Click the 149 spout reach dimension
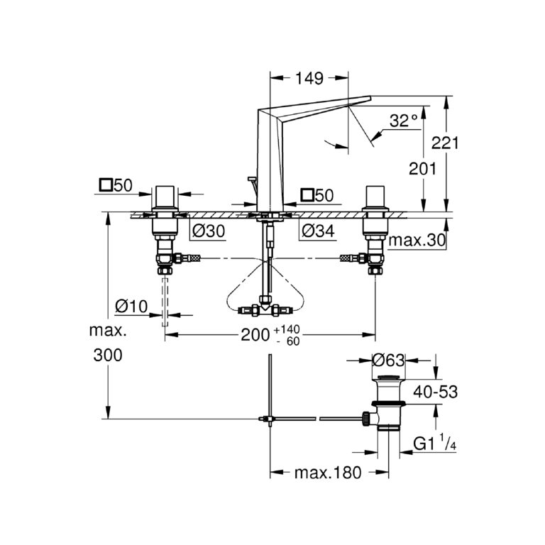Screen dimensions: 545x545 coord(309,78)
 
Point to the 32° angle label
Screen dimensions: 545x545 coord(404,121)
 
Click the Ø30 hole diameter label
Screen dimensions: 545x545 coord(209,231)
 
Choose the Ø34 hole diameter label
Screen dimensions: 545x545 coord(317,231)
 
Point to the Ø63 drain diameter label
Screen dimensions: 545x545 coord(389,360)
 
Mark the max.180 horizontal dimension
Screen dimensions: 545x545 coord(327,472)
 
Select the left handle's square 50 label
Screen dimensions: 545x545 coord(116,186)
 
